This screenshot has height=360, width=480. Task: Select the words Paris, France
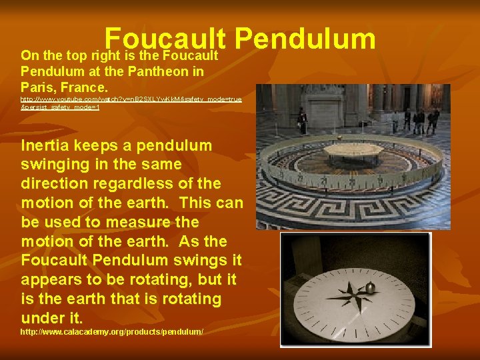click(64, 87)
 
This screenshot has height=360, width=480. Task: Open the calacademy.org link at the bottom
click(111, 331)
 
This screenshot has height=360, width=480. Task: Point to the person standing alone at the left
click(303, 121)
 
